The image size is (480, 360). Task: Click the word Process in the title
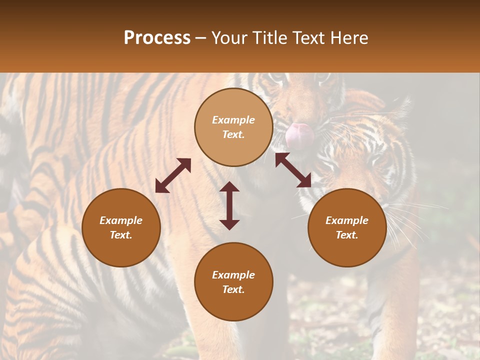(x=157, y=38)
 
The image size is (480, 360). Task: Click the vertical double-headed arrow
(x=229, y=205)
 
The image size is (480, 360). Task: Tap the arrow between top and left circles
(x=173, y=175)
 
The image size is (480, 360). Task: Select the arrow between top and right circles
(x=293, y=170)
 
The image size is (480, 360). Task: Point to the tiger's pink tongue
(x=299, y=134)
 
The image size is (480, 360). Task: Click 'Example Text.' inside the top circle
(x=233, y=127)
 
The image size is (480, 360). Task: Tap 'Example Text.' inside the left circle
(x=121, y=227)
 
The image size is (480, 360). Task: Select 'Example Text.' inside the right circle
(x=347, y=227)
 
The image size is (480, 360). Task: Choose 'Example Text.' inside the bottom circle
(x=233, y=282)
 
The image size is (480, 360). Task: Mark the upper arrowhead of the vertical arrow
(x=229, y=187)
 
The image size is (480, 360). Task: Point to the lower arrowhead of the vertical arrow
(x=229, y=224)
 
